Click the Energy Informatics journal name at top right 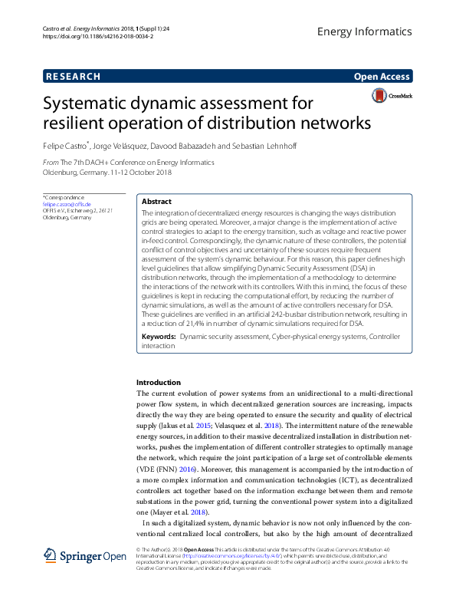364,31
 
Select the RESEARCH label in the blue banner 73,77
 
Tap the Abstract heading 157,201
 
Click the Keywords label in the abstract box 159,337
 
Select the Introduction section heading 159,382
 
